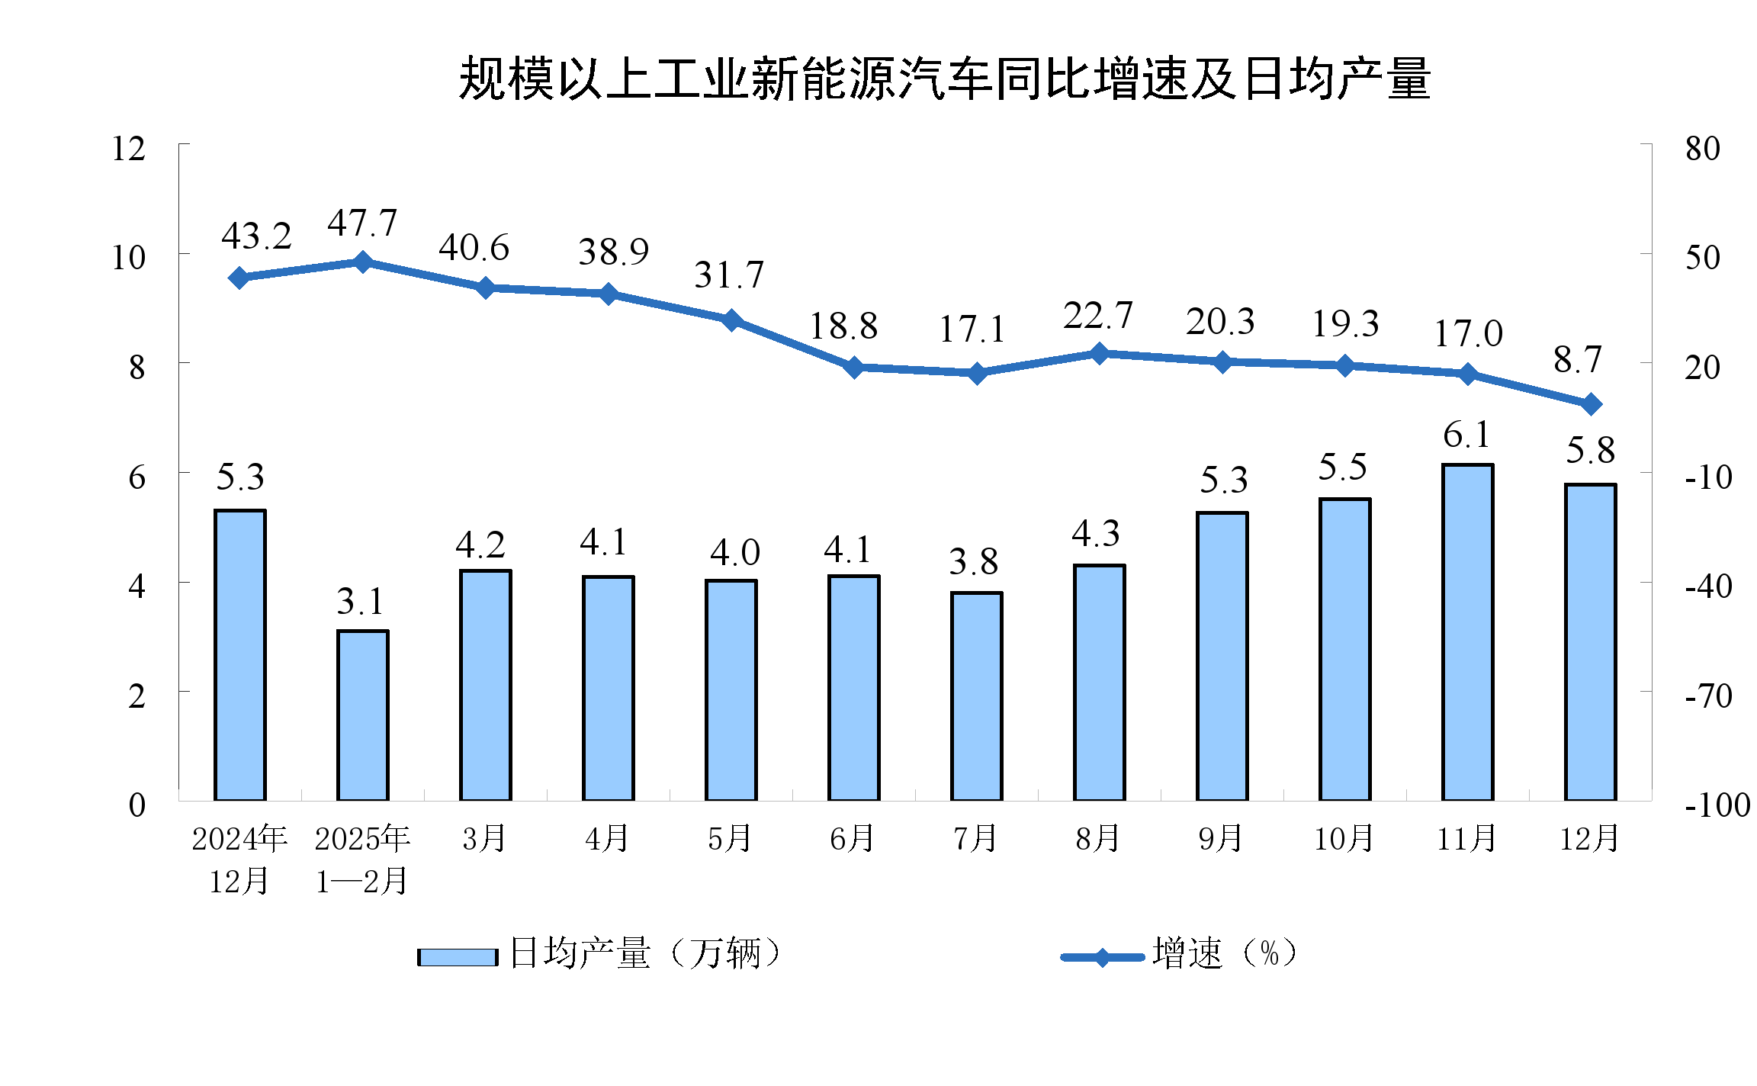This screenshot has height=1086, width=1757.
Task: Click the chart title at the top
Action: tap(944, 79)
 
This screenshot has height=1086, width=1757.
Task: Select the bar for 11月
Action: tap(1467, 633)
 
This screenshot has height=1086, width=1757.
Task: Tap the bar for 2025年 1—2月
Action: tap(363, 715)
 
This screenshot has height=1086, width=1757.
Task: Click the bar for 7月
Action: tap(977, 696)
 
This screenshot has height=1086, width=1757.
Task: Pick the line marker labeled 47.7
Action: tap(363, 262)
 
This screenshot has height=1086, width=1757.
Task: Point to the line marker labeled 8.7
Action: tap(1591, 404)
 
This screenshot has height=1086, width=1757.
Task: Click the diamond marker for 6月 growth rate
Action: tap(854, 368)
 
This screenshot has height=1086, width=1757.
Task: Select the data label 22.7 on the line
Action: tap(1097, 316)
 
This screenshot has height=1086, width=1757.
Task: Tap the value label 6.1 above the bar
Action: tap(1466, 435)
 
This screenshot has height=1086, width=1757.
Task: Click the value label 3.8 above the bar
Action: tap(974, 563)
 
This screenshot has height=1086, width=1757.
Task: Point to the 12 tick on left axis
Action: tap(128, 149)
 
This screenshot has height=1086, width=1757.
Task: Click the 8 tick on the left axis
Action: tap(137, 368)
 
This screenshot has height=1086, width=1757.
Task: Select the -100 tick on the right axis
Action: tap(1717, 805)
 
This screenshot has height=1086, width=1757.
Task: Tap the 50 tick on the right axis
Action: tap(1702, 258)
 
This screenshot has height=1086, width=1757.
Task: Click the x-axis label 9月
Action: tap(1220, 839)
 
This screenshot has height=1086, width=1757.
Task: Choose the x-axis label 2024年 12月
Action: tap(239, 859)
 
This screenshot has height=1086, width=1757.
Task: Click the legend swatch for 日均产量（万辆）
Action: tap(458, 957)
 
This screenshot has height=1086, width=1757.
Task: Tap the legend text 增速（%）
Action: tap(1224, 953)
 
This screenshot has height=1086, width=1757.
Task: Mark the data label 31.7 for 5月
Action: tap(728, 275)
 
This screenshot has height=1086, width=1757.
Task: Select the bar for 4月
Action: tap(609, 689)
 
